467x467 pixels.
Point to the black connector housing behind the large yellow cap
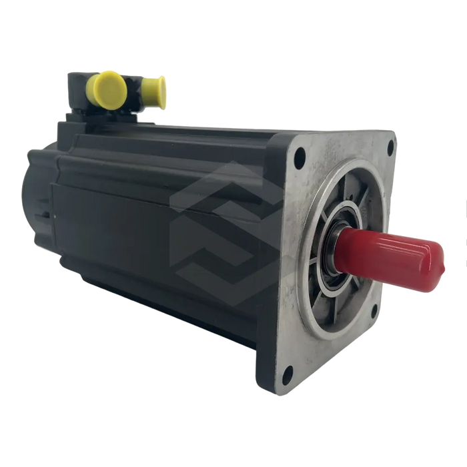click(x=79, y=90)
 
